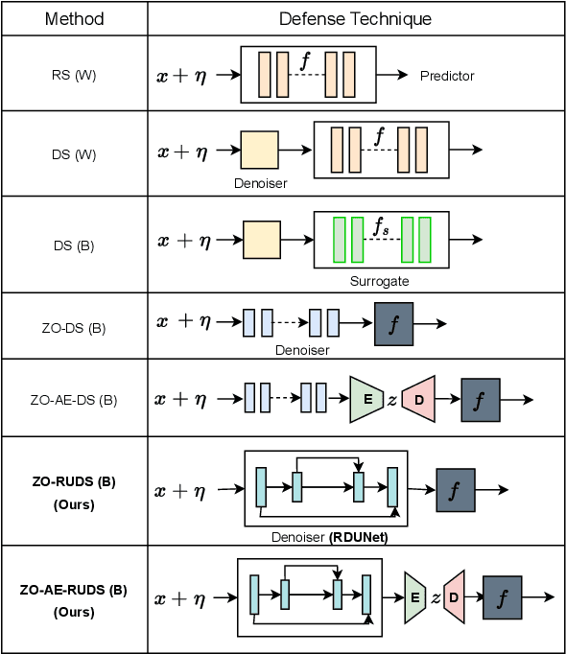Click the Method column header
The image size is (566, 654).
[74, 19]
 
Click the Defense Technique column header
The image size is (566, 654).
[355, 19]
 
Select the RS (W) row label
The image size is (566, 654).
[74, 75]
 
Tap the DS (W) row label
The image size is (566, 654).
[74, 154]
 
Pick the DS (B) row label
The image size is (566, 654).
[74, 245]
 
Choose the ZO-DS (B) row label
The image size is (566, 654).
[74, 328]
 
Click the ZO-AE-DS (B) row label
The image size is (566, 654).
[74, 399]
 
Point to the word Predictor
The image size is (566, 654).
[447, 76]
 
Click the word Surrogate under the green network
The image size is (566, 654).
[380, 282]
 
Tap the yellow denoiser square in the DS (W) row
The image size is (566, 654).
[259, 151]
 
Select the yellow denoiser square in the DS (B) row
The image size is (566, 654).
[261, 240]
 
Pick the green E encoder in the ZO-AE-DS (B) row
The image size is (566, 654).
[366, 398]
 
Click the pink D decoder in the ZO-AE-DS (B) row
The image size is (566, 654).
[419, 398]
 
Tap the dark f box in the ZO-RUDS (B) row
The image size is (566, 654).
[455, 489]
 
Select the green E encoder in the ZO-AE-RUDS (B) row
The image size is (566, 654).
[414, 596]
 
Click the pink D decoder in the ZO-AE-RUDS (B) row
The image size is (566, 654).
[455, 596]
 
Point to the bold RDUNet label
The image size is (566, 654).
[358, 538]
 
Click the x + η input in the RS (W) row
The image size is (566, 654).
[183, 75]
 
